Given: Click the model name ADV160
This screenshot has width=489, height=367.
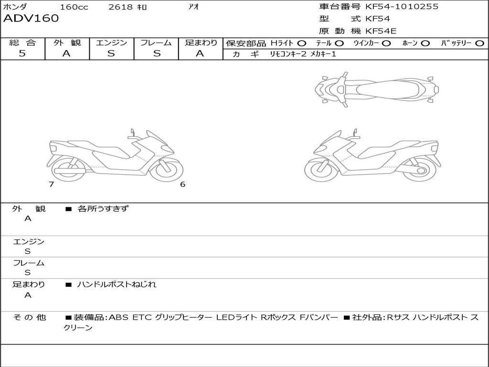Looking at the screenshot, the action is [x=31, y=19].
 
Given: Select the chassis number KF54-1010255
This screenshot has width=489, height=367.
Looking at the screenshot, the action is [x=402, y=6].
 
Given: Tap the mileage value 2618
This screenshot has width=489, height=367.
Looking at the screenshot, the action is [x=120, y=7].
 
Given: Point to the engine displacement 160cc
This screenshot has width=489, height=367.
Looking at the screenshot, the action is [x=74, y=7].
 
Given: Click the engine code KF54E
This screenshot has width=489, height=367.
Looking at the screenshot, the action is [x=381, y=31].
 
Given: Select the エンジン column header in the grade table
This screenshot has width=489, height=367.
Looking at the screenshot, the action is [x=111, y=43].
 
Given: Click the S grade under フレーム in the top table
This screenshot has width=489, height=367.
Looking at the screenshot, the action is [x=157, y=54].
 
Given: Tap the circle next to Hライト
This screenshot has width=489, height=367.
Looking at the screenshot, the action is [x=302, y=43].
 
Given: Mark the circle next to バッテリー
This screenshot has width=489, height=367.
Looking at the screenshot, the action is [x=479, y=43].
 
